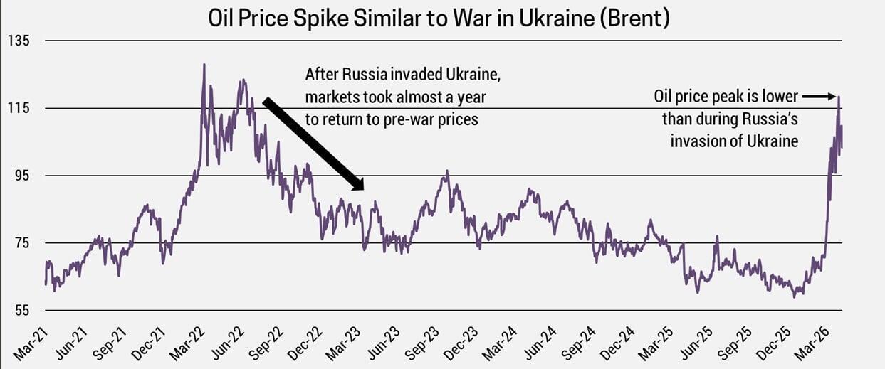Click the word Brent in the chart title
point(634,18)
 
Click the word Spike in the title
point(327,18)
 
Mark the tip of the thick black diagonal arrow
point(362,189)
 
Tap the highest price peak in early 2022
point(204,65)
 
